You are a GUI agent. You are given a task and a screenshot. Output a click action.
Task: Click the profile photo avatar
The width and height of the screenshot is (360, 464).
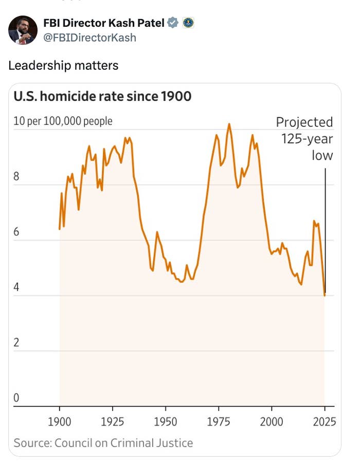23,30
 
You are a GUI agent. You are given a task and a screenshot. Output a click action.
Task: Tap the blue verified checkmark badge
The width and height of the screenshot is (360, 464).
173,23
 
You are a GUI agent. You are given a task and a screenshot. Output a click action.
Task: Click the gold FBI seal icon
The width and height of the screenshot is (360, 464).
188,23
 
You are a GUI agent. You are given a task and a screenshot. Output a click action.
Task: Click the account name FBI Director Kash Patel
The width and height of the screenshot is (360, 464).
103,23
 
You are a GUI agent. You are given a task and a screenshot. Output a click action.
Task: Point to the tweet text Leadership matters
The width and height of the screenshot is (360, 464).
63,65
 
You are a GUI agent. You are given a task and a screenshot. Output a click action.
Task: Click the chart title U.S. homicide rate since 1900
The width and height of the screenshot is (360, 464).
102,97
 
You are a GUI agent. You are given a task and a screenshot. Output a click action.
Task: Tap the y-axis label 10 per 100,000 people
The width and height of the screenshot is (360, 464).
63,121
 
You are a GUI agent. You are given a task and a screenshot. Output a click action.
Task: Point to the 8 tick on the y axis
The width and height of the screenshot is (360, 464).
16,177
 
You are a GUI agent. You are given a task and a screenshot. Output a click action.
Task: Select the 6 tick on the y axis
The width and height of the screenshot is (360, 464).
16,232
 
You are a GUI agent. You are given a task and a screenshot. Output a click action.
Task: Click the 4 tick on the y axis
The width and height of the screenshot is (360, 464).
16,287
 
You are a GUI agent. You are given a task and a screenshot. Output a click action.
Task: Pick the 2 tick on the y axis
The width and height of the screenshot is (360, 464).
16,343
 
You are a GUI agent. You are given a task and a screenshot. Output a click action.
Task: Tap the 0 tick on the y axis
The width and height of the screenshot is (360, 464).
16,398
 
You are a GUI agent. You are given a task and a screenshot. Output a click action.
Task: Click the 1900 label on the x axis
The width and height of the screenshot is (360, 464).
60,422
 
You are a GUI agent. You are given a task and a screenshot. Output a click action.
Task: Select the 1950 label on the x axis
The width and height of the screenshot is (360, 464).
166,422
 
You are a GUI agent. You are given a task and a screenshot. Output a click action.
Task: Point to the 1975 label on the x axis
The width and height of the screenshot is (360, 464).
219,422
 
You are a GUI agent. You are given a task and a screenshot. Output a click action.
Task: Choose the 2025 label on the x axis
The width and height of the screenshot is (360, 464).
323,422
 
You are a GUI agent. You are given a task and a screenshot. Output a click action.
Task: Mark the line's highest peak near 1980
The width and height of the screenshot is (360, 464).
229,124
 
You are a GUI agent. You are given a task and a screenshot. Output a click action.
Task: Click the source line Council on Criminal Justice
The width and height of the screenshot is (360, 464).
103,443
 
